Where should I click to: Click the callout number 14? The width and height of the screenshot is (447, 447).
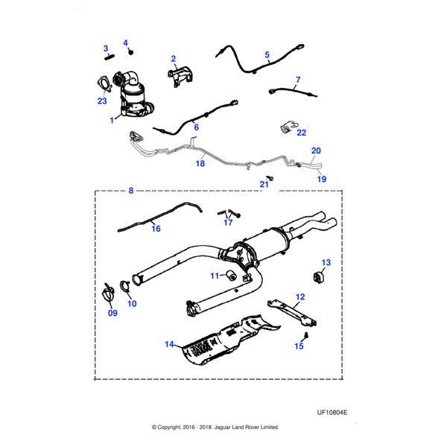[169, 344]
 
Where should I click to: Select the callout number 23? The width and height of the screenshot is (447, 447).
[102, 101]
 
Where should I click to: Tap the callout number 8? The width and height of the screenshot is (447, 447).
[131, 191]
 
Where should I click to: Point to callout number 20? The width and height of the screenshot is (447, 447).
[316, 150]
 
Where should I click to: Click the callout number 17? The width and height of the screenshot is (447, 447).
[229, 222]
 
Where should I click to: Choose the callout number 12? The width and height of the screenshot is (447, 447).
[300, 297]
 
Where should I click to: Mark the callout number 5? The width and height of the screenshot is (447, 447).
[267, 54]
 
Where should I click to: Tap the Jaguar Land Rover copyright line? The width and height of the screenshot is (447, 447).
[215, 428]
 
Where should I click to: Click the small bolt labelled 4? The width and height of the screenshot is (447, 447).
[130, 52]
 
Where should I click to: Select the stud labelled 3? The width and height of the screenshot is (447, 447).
[110, 54]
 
